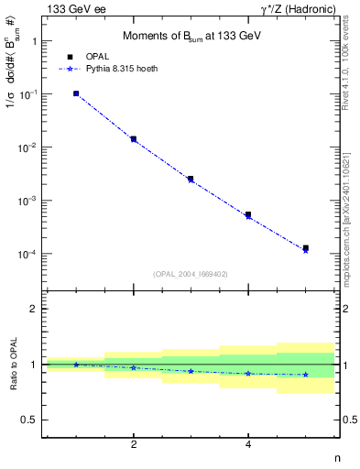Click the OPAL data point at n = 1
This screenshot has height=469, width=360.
coord(76,93)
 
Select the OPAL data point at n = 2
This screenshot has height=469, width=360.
coord(134,139)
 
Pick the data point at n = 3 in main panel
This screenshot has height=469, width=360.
coord(191,179)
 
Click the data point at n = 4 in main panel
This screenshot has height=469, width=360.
coord(248,214)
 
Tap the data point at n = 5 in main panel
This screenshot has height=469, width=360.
coord(305,248)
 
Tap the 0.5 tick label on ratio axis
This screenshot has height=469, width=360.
coord(29,420)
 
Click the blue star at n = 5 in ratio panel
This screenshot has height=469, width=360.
coord(305,375)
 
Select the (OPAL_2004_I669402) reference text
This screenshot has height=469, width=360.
coord(190,273)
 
